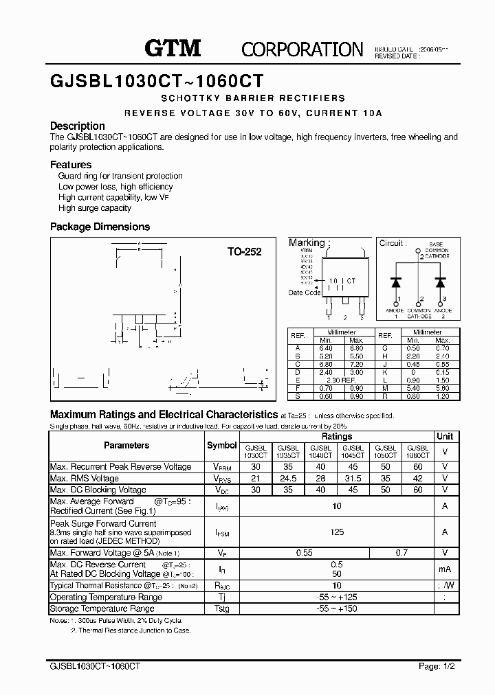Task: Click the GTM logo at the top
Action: pos(172,47)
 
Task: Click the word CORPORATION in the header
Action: pos(302,49)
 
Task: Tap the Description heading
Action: pos(78,126)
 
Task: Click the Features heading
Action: pos(71,165)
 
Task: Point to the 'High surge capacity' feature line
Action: pos(95,208)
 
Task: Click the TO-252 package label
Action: pos(245,252)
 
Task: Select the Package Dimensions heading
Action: pos(100,227)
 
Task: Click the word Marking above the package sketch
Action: pos(307,243)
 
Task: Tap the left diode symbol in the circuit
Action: pos(396,282)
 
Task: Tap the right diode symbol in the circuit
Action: pos(441,282)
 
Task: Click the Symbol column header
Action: pos(221,446)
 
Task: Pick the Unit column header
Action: pos(445,437)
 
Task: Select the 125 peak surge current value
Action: pos(337,532)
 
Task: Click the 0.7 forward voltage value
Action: pos(401,553)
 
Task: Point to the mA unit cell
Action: pos(445,569)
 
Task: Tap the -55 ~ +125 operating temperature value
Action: pos(337,597)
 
